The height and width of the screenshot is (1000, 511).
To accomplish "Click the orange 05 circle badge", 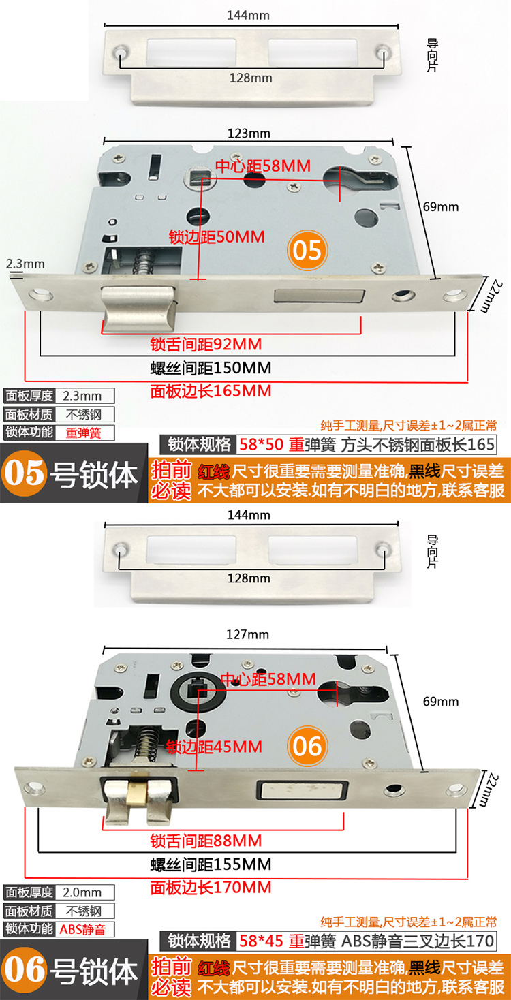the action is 307,250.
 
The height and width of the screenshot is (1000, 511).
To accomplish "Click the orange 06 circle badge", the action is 307,747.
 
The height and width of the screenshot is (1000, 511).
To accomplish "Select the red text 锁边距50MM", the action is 217,237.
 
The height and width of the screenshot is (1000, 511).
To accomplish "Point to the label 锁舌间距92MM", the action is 206,345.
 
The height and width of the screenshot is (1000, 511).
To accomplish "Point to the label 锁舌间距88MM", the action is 206,841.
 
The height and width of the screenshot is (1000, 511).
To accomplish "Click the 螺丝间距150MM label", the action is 211,369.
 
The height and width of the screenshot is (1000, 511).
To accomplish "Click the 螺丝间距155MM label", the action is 211,865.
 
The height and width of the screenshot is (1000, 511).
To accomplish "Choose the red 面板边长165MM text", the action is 211,391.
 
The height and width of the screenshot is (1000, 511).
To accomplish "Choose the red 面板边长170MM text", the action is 211,888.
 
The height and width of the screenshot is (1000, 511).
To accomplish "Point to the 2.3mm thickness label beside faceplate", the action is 25,264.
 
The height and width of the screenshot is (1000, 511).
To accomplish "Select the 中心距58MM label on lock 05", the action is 263,166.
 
